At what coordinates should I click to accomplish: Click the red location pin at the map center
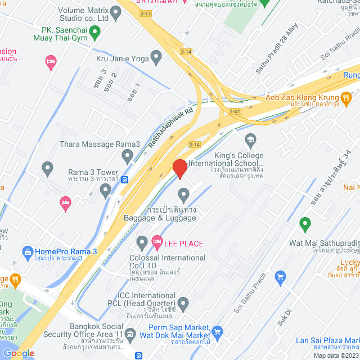179,169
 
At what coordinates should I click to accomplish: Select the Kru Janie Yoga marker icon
156,57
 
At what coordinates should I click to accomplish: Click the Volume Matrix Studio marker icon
116,12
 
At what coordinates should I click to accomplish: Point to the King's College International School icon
250,139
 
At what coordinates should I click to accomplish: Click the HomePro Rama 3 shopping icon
27,251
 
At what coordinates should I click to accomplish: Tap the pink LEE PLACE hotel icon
156,243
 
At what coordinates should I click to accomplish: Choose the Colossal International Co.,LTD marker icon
142,243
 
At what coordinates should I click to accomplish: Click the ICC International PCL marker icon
183,303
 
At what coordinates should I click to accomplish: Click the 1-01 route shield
235,111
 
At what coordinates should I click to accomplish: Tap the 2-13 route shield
146,12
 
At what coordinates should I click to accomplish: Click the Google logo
19,353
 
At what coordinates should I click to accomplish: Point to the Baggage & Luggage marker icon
183,195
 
